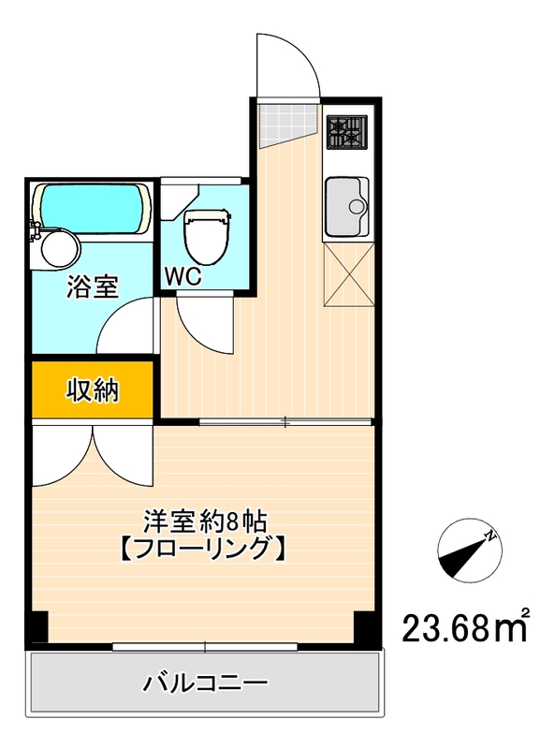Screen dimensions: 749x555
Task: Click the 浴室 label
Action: pyautogui.click(x=92, y=286)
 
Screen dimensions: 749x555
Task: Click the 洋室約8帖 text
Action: pyautogui.click(x=199, y=519)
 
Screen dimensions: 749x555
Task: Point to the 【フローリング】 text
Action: pyautogui.click(x=199, y=548)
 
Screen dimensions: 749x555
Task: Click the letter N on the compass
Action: pyautogui.click(x=489, y=536)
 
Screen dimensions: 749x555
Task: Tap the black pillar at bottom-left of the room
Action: pyautogui.click(x=36, y=626)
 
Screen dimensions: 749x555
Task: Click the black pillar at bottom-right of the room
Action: pyautogui.click(x=367, y=626)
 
